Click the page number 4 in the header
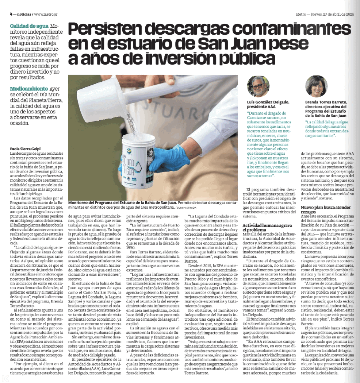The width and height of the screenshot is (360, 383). (11, 14)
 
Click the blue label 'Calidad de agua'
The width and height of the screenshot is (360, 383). (29, 26)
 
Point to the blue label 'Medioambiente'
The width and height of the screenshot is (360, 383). (29, 89)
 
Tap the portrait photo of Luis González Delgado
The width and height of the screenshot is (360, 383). (257, 86)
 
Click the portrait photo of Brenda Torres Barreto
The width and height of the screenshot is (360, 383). (316, 86)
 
